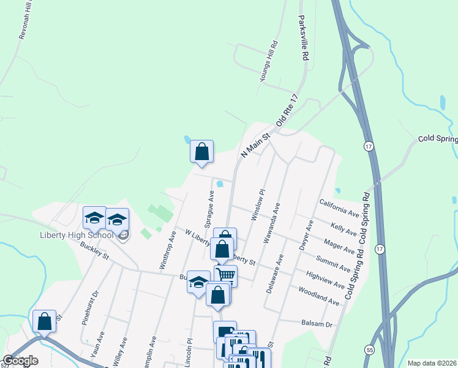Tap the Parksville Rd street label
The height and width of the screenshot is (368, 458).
(x=302, y=38)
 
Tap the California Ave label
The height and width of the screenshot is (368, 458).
(x=339, y=207)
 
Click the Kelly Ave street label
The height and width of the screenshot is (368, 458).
(x=343, y=229)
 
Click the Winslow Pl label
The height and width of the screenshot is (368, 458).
(x=257, y=205)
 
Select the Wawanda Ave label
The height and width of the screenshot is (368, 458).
(x=271, y=224)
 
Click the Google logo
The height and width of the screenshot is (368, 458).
(x=20, y=361)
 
